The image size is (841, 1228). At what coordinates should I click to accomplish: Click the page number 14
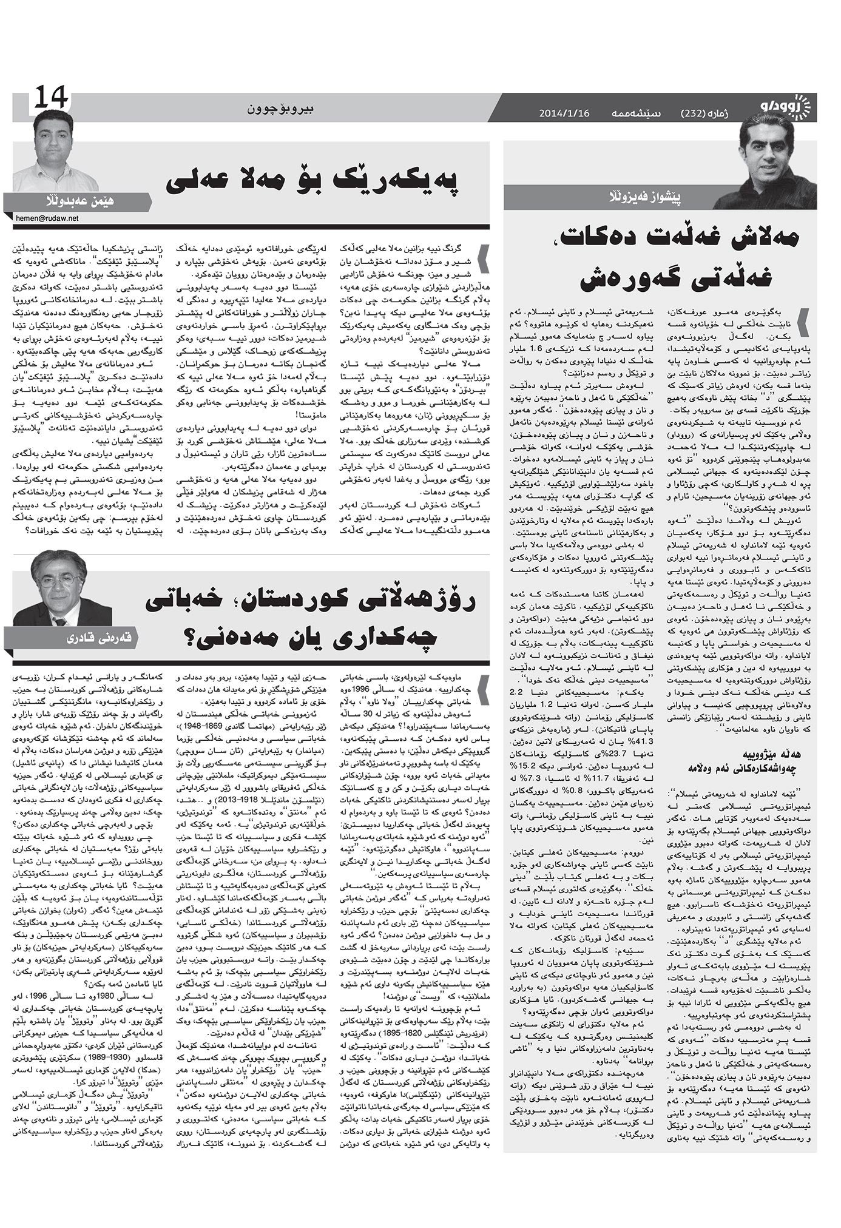tap(52, 98)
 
